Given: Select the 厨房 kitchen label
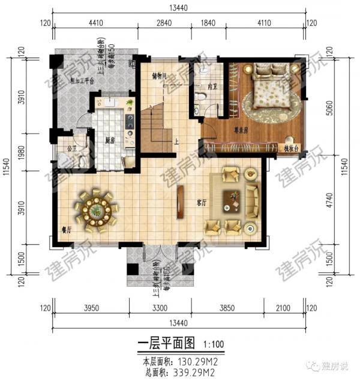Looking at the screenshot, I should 110,140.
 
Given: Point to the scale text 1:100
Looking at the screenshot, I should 213,345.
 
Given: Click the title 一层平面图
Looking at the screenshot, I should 166,344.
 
